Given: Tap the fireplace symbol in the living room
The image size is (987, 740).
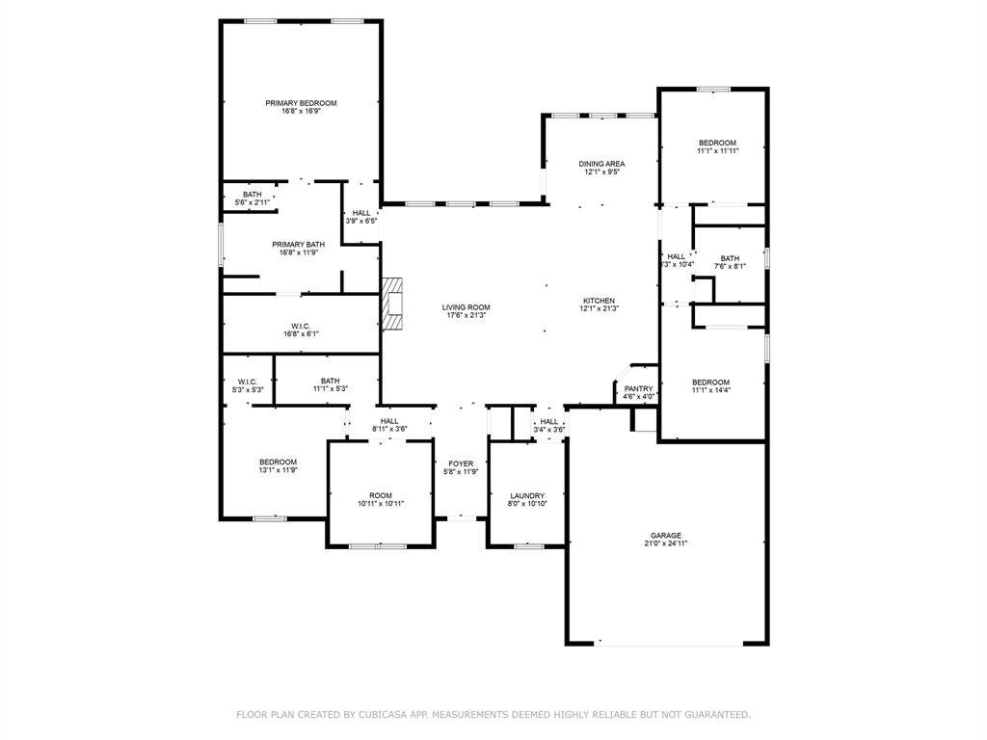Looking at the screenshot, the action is coord(391,304).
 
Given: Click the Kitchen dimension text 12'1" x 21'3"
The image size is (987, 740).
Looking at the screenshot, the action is coord(600,308).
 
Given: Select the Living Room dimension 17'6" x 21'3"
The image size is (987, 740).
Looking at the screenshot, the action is coord(466,315).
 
